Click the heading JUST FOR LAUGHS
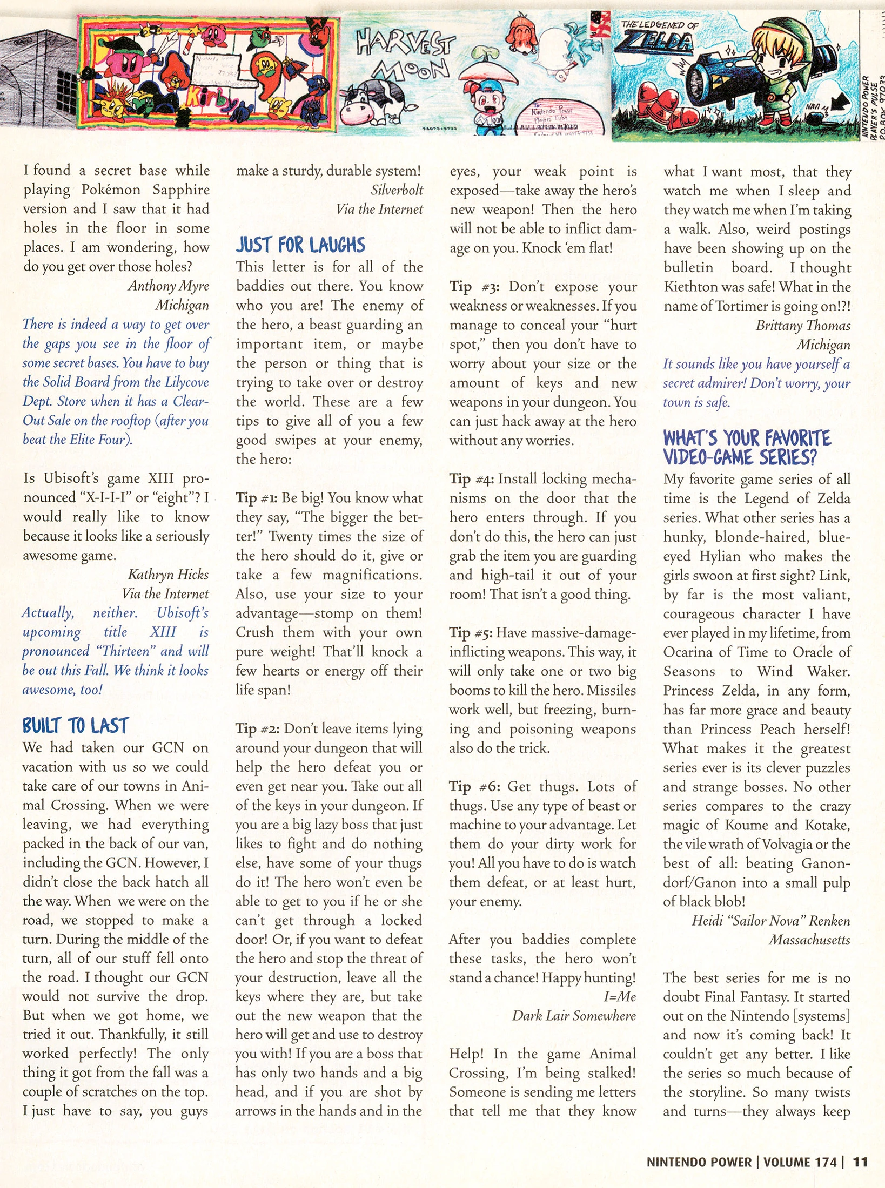(x=300, y=245)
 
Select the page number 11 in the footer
(x=860, y=1162)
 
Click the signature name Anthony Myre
(x=169, y=286)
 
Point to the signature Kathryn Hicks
(x=168, y=574)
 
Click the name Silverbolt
(x=397, y=190)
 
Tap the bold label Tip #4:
(x=471, y=479)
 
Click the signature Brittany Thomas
(x=803, y=325)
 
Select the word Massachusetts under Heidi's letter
(x=809, y=940)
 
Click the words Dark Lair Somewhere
(x=574, y=1016)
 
